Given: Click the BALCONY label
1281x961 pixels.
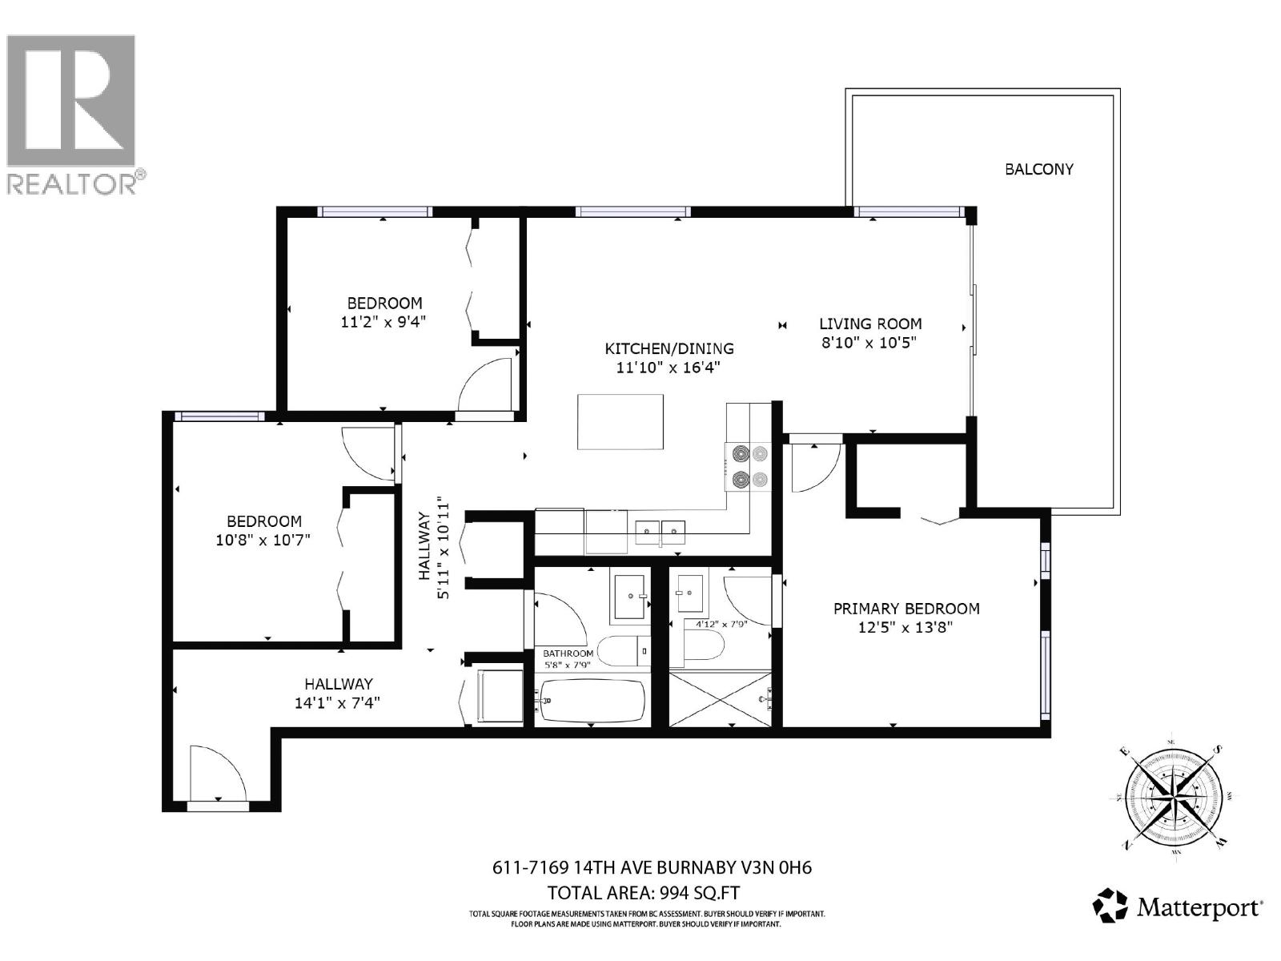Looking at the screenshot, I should pyautogui.click(x=1038, y=169).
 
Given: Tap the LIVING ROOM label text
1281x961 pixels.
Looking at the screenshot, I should pyautogui.click(x=869, y=324).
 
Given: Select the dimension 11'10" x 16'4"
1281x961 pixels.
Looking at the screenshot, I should pyautogui.click(x=669, y=368).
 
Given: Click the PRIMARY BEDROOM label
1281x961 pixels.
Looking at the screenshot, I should pyautogui.click(x=906, y=609).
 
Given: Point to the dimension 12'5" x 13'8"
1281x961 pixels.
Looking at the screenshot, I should pyautogui.click(x=906, y=628).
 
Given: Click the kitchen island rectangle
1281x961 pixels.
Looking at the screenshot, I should pyautogui.click(x=620, y=422).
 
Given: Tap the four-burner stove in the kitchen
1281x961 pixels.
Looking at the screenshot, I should pyautogui.click(x=747, y=467).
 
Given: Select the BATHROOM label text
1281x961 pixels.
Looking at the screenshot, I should pyautogui.click(x=568, y=653).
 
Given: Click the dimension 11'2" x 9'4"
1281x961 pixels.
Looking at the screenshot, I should pyautogui.click(x=383, y=322).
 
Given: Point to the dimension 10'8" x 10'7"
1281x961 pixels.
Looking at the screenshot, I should pyautogui.click(x=263, y=540).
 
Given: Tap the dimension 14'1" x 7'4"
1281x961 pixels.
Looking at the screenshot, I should pyautogui.click(x=337, y=703).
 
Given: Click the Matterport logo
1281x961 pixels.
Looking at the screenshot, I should pyautogui.click(x=1179, y=907).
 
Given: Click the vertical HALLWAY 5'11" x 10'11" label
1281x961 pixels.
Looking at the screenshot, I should pyautogui.click(x=433, y=549).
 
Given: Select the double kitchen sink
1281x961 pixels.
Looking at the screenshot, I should pyautogui.click(x=661, y=529).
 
